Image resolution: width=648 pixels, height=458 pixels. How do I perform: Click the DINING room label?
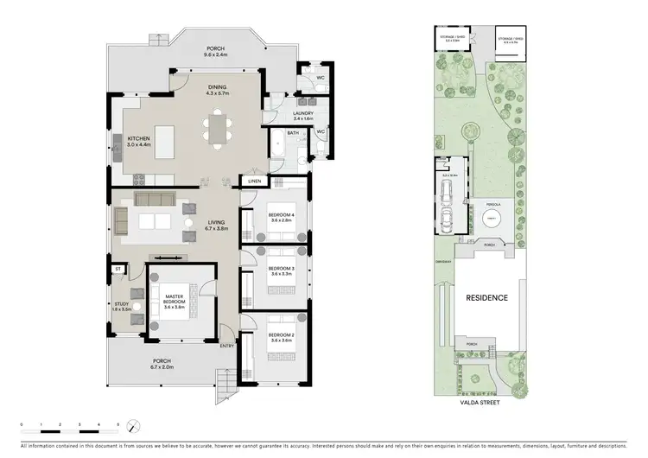(x=218, y=87)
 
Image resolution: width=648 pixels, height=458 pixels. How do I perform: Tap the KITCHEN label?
(x=139, y=138)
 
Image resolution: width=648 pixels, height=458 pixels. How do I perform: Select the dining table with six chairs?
(x=217, y=130)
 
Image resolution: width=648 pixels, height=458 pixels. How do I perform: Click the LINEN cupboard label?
(x=254, y=181)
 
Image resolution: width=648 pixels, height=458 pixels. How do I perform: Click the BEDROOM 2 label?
(x=282, y=334)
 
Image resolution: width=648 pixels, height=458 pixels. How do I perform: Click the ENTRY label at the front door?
(x=227, y=346)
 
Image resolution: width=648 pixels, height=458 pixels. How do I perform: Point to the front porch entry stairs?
(x=225, y=379)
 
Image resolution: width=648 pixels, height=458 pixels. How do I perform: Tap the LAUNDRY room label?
(x=302, y=112)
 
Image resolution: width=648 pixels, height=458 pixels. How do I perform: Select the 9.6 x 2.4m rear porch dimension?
(x=214, y=55)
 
